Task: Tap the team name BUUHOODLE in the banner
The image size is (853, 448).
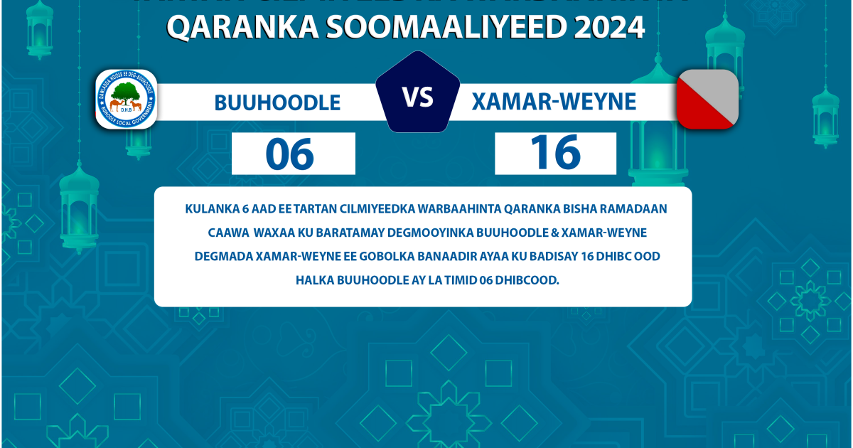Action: click(x=277, y=103)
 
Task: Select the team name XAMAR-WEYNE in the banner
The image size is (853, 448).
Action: click(x=554, y=102)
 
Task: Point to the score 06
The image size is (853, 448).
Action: click(x=290, y=154)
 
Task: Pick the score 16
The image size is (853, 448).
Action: click(x=555, y=153)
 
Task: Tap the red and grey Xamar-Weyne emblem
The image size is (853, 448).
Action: click(x=707, y=99)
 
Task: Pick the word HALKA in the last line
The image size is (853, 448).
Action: click(x=313, y=279)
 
